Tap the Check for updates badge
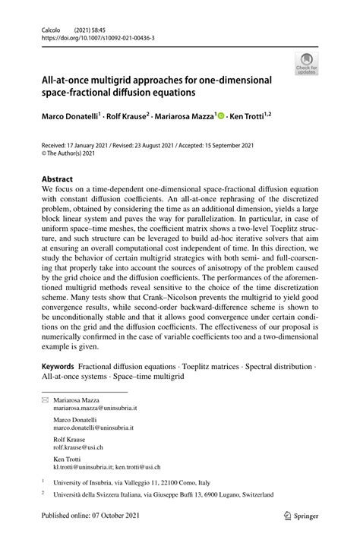click(308, 65)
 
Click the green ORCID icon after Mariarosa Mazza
click(222, 117)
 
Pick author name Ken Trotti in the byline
click(250, 117)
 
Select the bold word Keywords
click(60, 366)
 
